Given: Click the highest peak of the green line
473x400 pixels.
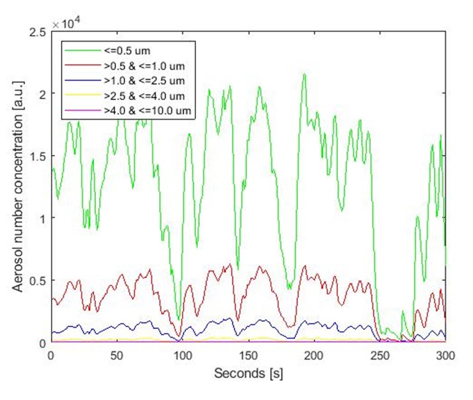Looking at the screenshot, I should pos(304,74).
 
